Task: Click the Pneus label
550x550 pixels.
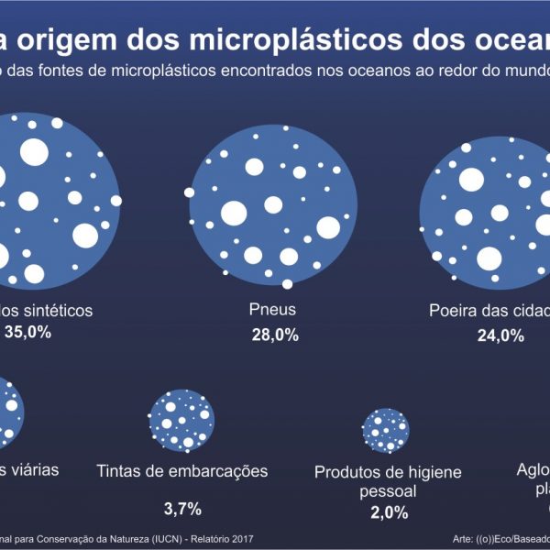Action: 272,310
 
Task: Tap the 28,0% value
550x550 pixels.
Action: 275,335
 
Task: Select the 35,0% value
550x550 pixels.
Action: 27,332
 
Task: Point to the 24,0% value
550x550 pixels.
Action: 500,335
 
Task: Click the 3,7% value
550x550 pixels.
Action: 182,508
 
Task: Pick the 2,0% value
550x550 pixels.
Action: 390,512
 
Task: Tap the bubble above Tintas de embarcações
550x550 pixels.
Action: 181,422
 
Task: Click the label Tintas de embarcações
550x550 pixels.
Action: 182,471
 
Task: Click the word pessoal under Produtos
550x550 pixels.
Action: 390,491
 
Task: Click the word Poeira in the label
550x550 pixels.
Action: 456,310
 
